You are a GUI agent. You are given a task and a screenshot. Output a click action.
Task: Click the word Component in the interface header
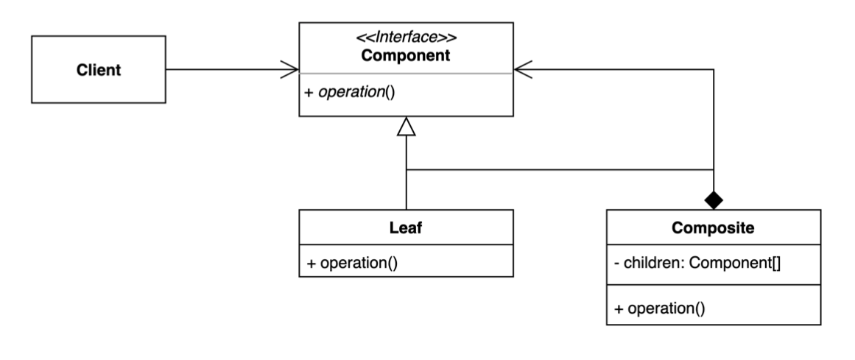point(406,55)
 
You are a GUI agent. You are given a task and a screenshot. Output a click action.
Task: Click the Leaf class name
point(406,228)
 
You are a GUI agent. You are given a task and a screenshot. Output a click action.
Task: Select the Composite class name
point(713,228)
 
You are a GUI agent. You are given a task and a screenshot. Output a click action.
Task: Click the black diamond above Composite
point(713,199)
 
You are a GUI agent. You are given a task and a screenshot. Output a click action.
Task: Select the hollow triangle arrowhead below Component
point(407,127)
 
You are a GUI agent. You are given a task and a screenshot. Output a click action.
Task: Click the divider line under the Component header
point(406,74)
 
